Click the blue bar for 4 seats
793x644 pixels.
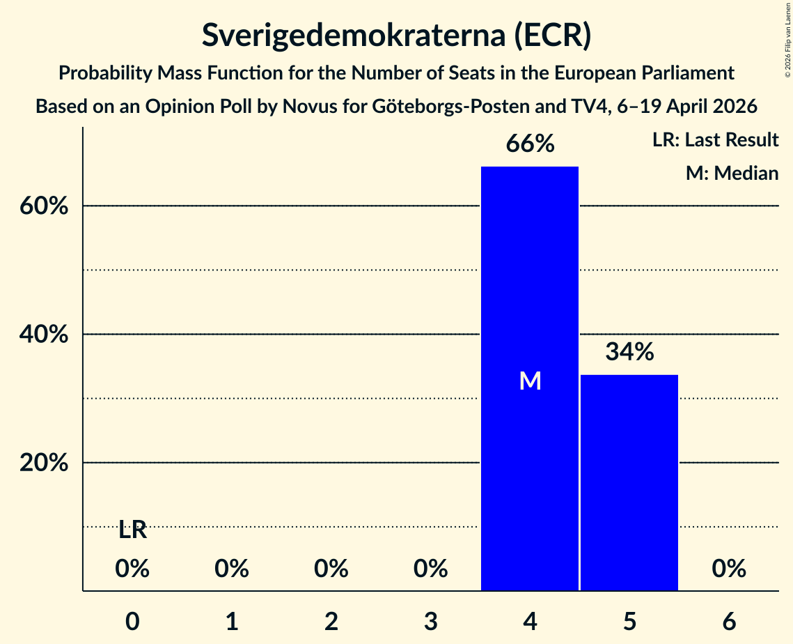click(x=530, y=378)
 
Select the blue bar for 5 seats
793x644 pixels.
click(x=629, y=482)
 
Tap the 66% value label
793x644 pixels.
click(x=530, y=144)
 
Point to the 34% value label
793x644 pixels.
click(x=629, y=351)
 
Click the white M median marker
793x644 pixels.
click(x=530, y=381)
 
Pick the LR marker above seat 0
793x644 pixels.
click(x=132, y=530)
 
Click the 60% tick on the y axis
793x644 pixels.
click(x=43, y=206)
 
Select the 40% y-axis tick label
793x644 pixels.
click(x=43, y=334)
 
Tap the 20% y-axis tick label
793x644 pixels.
click(x=43, y=463)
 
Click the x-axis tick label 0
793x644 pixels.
click(x=132, y=621)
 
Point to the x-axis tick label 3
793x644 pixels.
click(x=431, y=621)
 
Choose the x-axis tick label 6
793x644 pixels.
click(x=729, y=621)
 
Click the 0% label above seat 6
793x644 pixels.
click(x=729, y=569)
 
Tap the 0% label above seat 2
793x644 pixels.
click(x=331, y=569)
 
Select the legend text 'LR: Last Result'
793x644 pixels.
click(x=715, y=139)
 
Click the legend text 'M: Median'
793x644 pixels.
click(x=732, y=173)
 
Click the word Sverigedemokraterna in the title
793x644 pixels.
click(x=354, y=36)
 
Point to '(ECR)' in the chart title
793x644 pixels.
click(x=553, y=36)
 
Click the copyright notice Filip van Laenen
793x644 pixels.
click(x=787, y=40)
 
